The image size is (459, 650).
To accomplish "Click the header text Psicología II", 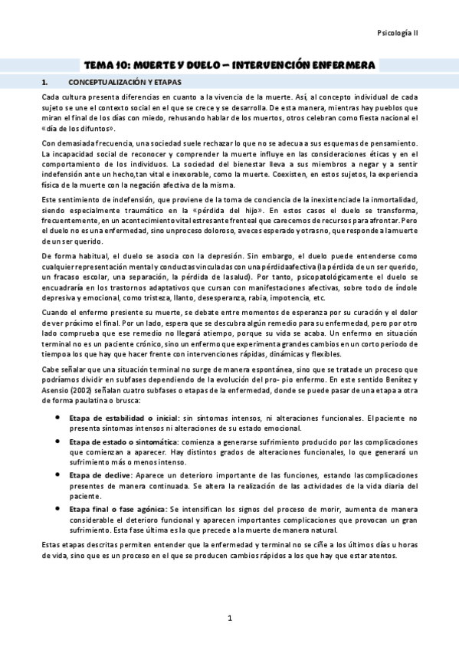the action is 397,34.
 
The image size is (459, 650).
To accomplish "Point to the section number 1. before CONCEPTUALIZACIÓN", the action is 45,82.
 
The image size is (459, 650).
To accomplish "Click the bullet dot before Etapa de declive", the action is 59,475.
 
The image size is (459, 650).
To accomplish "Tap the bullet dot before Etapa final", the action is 59,509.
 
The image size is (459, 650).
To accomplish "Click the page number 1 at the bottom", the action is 229,618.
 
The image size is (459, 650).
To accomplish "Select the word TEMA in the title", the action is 99,66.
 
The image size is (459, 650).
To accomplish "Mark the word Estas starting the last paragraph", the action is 51,544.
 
